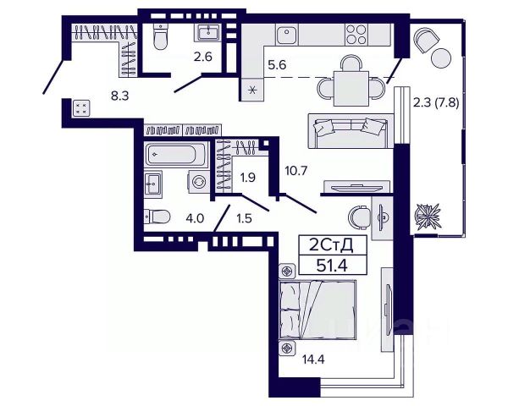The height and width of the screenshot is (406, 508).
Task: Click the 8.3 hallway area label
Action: coord(120,96)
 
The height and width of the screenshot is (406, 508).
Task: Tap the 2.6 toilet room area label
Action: coord(203,57)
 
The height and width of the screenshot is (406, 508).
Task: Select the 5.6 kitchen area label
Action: coord(277,65)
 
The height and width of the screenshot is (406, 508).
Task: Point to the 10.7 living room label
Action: coord(295,170)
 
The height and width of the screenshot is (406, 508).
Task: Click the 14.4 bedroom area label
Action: coord(313,359)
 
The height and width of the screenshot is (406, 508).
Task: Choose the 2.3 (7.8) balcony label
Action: coord(436,104)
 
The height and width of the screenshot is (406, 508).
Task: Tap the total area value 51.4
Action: coord(332,266)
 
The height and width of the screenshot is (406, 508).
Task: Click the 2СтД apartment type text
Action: coord(331,245)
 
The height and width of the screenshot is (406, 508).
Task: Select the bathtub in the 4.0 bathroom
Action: coord(175,155)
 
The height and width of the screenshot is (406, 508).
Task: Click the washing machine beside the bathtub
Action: coord(199,182)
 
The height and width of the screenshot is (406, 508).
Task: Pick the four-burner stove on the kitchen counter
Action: coord(356,35)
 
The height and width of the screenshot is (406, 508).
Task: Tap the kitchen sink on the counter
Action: coord(287,35)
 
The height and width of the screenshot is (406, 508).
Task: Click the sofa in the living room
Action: coord(351,131)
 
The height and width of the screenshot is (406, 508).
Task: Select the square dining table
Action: coord(351,88)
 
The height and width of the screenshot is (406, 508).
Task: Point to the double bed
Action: coord(317,310)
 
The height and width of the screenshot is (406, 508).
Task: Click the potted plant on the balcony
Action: coord(428,216)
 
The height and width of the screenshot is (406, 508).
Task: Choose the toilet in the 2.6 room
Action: coord(160,36)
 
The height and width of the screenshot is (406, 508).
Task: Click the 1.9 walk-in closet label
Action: coord(247,178)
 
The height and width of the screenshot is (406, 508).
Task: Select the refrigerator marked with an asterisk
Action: coord(252,90)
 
